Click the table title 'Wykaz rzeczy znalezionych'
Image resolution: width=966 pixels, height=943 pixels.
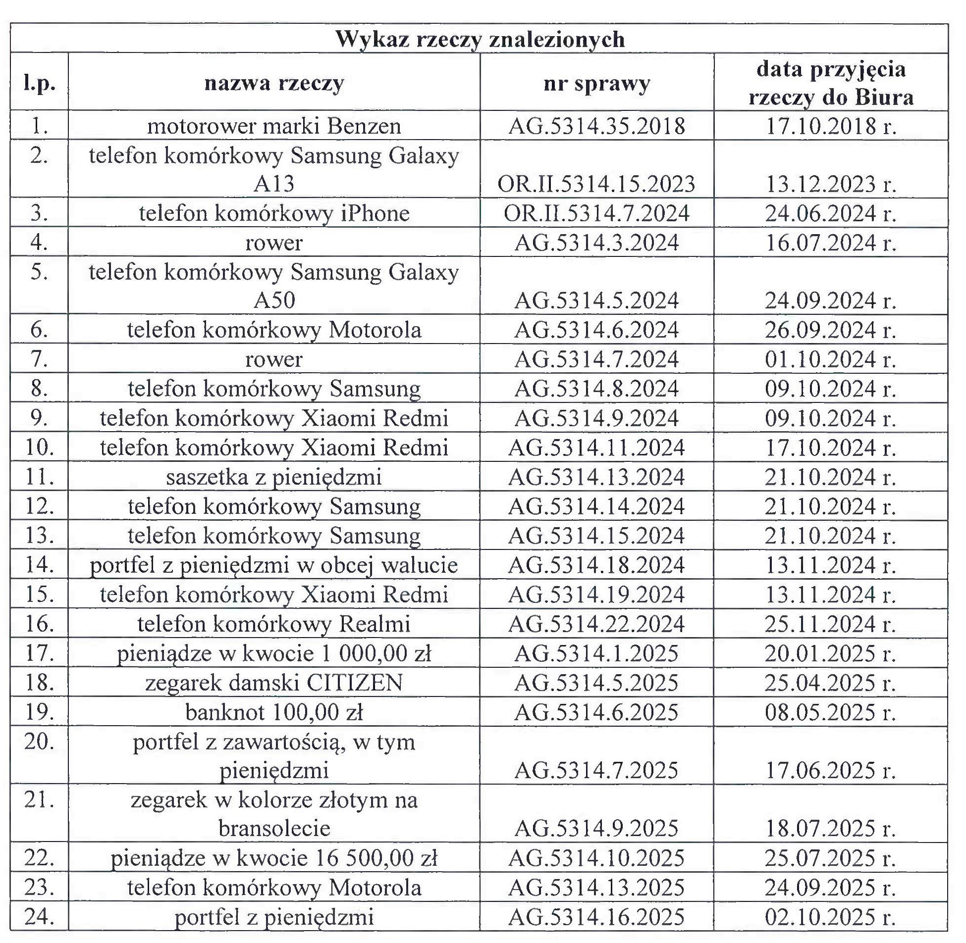point(480,39)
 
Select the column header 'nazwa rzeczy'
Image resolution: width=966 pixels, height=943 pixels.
point(274,83)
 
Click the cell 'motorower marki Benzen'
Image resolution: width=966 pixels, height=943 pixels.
point(274,126)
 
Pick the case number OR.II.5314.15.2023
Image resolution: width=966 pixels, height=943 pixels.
point(597,184)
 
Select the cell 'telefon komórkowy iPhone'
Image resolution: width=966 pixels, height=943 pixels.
point(274,213)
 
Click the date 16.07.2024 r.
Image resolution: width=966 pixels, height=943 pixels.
point(831,243)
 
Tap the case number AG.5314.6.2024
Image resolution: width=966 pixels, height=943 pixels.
point(597,330)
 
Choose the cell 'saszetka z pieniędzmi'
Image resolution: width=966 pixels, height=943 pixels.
point(274,477)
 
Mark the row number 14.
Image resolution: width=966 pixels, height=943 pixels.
point(39,565)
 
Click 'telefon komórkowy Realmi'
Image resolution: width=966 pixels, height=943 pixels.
point(274,624)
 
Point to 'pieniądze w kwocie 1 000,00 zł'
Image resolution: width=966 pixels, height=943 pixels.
point(274,653)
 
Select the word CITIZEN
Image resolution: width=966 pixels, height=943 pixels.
point(354,683)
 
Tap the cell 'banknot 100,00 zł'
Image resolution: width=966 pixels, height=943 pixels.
point(274,712)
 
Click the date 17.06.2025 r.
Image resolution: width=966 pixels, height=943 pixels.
point(831,771)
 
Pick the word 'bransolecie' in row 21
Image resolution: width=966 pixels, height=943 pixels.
point(274,829)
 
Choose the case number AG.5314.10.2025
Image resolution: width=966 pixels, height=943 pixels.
point(597,858)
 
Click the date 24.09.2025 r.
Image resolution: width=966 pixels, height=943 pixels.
point(831,888)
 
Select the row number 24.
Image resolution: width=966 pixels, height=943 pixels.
point(39,917)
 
